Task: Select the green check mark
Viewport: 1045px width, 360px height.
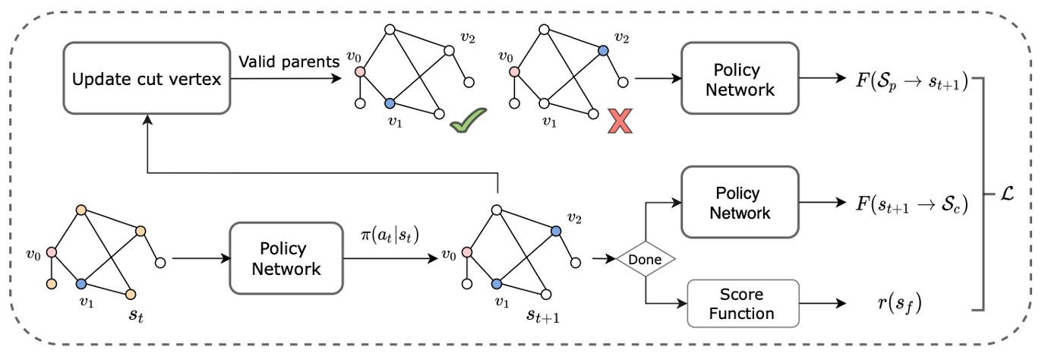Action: [x=466, y=122]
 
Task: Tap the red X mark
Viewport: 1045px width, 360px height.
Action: [x=619, y=122]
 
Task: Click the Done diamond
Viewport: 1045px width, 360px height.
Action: [x=644, y=260]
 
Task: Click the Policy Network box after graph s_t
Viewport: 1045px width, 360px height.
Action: [x=286, y=259]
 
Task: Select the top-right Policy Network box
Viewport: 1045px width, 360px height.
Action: [x=740, y=80]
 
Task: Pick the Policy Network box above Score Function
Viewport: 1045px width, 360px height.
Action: [x=740, y=203]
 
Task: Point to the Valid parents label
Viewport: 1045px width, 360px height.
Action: [x=289, y=62]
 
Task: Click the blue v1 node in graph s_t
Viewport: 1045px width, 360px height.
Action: [x=81, y=283]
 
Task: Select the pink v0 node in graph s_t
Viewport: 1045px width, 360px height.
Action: [x=52, y=252]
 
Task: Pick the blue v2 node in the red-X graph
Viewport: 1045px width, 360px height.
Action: [x=602, y=50]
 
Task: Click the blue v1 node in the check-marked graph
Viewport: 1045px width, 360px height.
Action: [x=390, y=103]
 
